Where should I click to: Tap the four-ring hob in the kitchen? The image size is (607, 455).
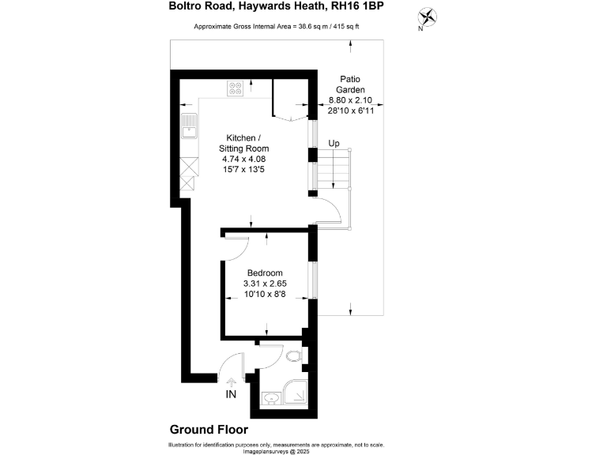(236, 88)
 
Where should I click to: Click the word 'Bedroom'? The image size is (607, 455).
(264, 273)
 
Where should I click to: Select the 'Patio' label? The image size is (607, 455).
(350, 79)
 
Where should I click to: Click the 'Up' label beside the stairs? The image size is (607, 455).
(334, 143)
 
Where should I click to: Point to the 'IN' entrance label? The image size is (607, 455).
(231, 394)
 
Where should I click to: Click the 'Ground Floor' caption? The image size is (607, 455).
(209, 430)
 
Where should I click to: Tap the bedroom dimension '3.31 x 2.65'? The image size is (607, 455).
(265, 284)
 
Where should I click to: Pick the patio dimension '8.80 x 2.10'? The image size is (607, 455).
(350, 101)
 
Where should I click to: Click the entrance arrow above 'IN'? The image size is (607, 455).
(231, 382)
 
